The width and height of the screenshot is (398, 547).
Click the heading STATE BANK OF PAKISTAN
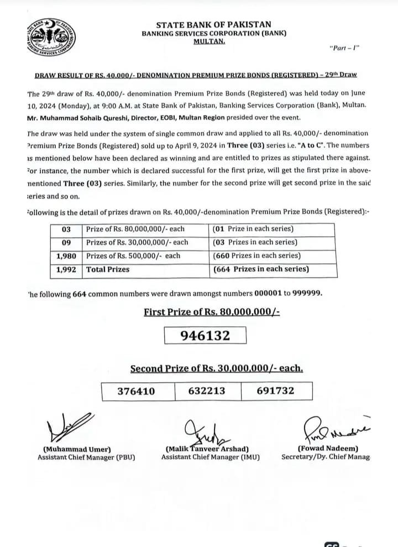[x=213, y=24]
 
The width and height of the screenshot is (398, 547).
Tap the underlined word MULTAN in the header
[x=209, y=41]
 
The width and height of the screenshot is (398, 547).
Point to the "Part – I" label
[x=344, y=48]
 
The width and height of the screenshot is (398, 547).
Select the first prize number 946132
[x=205, y=335]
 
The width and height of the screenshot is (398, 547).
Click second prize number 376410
[x=137, y=391]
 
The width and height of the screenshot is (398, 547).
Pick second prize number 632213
[x=207, y=391]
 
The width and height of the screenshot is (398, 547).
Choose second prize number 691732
[x=275, y=391]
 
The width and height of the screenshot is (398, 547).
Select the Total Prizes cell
[x=108, y=269]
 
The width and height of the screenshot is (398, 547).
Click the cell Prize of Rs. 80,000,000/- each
[x=135, y=229]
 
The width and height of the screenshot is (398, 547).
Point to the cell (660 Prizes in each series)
[x=256, y=256]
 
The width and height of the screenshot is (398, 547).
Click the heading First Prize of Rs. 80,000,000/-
[x=212, y=312]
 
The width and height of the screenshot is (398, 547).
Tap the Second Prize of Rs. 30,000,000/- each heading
[x=217, y=368]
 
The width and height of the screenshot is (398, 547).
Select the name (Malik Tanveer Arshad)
[x=207, y=449]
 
